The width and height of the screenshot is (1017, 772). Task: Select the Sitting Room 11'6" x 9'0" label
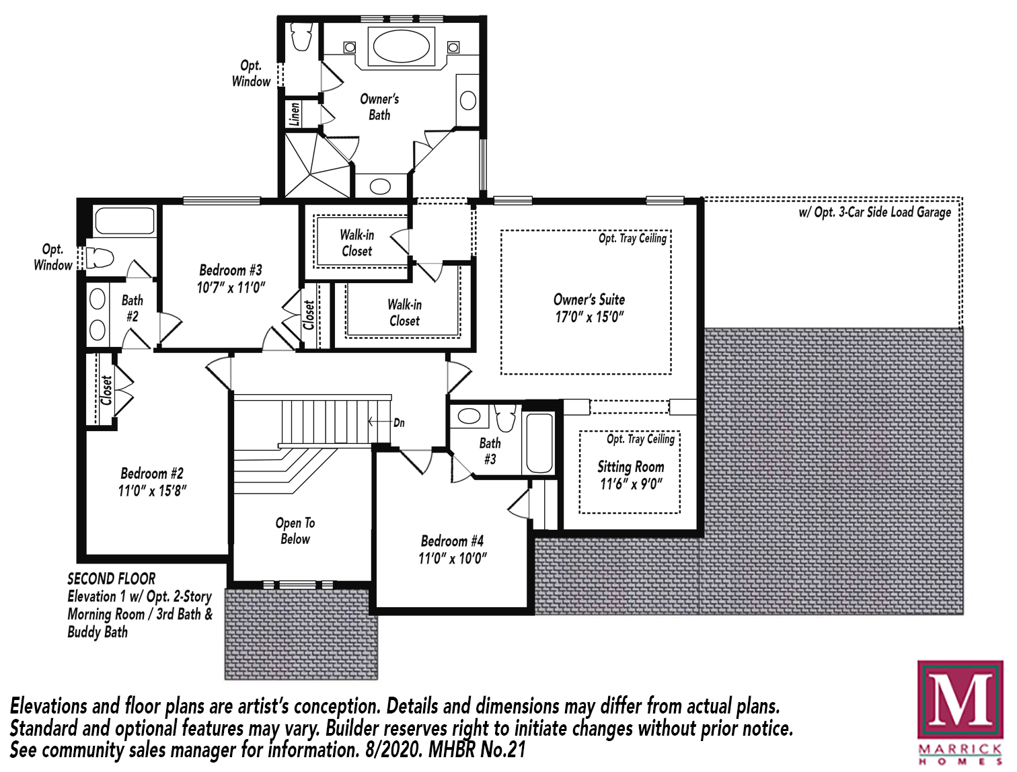(x=631, y=475)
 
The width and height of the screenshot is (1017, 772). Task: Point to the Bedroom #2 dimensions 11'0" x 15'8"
(x=153, y=491)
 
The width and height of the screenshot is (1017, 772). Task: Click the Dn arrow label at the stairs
(x=386, y=422)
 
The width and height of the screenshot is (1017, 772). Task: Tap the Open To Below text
(x=295, y=531)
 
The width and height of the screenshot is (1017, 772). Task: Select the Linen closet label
(x=295, y=114)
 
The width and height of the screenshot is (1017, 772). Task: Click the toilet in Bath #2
(x=100, y=258)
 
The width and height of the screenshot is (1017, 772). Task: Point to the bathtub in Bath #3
(x=539, y=442)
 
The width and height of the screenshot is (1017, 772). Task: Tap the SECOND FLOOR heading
(x=111, y=579)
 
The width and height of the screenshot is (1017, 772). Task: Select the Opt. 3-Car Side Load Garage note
(x=875, y=213)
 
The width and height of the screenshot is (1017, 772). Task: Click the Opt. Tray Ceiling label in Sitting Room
(x=640, y=439)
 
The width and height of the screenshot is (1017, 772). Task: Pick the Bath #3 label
(x=490, y=451)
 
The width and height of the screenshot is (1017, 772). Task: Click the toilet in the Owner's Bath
(x=301, y=36)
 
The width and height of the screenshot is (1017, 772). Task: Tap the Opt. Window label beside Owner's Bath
(x=251, y=73)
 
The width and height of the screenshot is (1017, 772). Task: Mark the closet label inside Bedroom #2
(x=106, y=390)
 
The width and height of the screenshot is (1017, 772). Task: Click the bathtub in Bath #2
(x=124, y=221)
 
